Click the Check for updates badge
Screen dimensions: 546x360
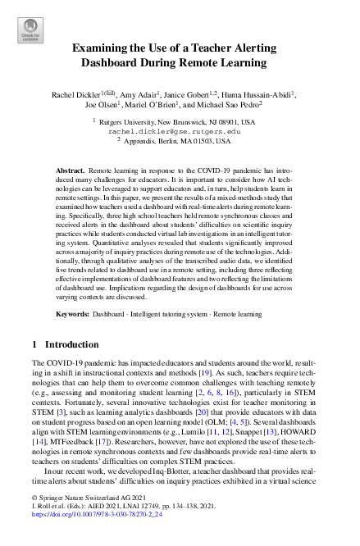(x=30, y=30)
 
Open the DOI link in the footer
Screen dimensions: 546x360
(x=88, y=537)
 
